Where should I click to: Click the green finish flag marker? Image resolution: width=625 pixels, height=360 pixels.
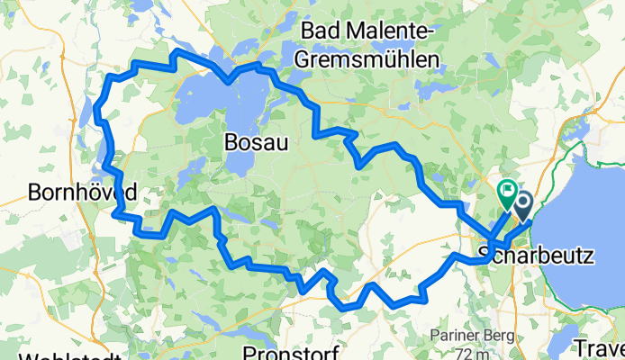click(506, 191)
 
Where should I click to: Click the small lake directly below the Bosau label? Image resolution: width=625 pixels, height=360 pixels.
click(236, 162)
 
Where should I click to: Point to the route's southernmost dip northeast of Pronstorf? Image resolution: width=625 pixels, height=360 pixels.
click(345, 307)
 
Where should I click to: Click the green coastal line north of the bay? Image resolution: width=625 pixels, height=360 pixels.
click(576, 144)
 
